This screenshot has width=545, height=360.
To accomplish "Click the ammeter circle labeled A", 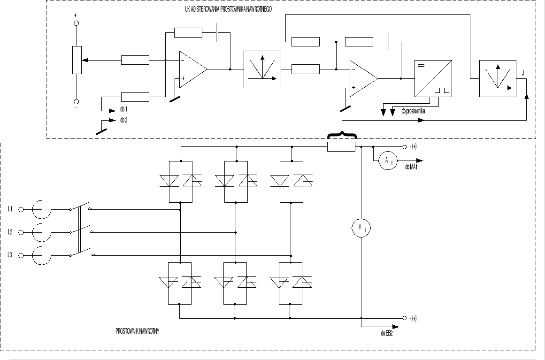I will click(388, 161).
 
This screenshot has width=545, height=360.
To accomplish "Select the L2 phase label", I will click(10, 232).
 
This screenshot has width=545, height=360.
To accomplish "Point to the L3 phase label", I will click(10, 255).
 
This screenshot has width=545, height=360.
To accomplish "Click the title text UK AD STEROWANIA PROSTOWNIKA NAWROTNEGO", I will click(228, 9).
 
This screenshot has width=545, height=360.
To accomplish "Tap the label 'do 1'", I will click(123, 109).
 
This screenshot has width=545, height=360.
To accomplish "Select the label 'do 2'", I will click(123, 120).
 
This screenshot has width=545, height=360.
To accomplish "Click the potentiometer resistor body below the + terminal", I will click(77, 60).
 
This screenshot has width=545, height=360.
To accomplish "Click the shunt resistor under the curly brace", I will click(341, 147).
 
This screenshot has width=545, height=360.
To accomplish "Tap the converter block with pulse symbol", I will click(433, 78).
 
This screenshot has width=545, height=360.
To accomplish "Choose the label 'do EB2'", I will click(387, 333).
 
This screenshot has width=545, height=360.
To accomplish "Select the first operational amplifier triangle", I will click(192, 69).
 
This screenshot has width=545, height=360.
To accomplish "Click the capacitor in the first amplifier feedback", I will click(217, 32).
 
